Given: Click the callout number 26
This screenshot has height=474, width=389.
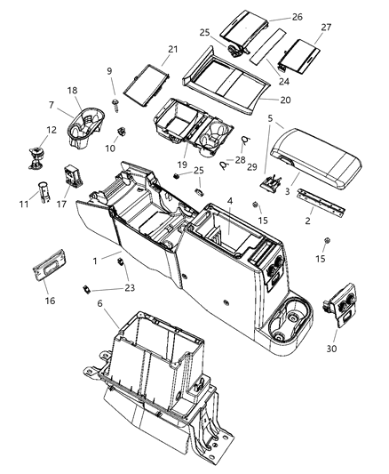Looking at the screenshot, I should (x=297, y=17).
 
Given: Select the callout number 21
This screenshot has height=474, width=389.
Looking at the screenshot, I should (x=172, y=49).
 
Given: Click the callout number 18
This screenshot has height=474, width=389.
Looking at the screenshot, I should (x=73, y=91).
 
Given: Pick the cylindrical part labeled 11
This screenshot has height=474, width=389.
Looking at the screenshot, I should (x=42, y=193).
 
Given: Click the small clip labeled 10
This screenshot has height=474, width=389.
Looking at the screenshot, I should (x=123, y=136).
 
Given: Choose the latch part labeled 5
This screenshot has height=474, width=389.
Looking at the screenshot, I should (x=266, y=182).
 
